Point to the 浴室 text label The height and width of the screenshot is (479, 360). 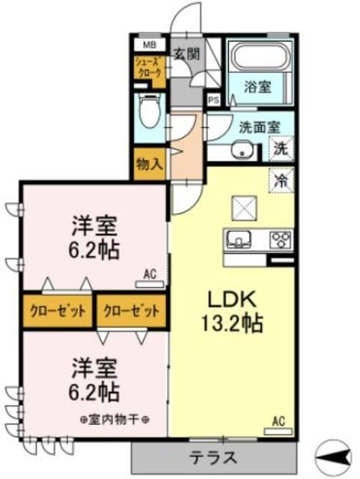[260, 87]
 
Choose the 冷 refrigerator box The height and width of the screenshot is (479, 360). [281, 180]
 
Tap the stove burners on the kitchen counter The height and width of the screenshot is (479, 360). [281, 240]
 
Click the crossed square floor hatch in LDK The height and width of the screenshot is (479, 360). [245, 207]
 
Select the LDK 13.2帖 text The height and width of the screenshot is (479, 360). [234, 311]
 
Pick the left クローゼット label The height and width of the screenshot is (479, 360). [58, 310]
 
